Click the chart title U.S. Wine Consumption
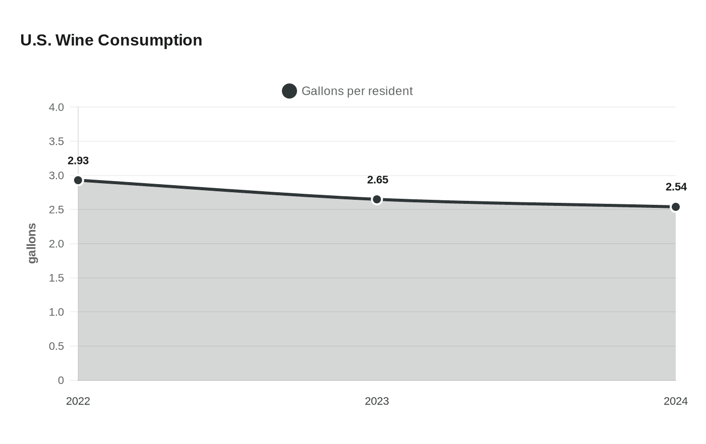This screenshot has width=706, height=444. click(x=111, y=40)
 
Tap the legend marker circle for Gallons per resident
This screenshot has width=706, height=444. click(x=289, y=91)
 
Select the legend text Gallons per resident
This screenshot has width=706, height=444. click(x=357, y=91)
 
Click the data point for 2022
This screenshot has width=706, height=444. click(x=78, y=180)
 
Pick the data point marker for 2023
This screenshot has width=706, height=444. click(x=377, y=200)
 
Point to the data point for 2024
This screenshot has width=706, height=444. click(x=675, y=207)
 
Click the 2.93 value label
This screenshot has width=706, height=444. click(x=78, y=161)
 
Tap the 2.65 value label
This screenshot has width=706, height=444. click(x=377, y=180)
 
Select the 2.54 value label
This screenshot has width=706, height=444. click(x=676, y=187)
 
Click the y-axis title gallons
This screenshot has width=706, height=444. click(x=32, y=243)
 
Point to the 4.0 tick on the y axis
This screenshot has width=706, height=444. click(x=56, y=107)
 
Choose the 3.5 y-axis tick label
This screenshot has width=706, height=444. click(x=56, y=142)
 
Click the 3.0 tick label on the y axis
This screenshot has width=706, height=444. click(x=56, y=176)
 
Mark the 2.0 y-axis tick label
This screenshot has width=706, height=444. click(x=56, y=244)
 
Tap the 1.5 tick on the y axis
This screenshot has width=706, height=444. click(x=56, y=278)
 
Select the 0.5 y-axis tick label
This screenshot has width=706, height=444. click(x=56, y=347)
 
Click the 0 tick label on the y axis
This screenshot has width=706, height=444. click(x=61, y=380)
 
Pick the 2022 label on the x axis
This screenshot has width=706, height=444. click(x=78, y=401)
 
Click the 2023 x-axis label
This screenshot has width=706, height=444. click(x=377, y=401)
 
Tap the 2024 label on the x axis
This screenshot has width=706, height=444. click(x=675, y=401)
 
